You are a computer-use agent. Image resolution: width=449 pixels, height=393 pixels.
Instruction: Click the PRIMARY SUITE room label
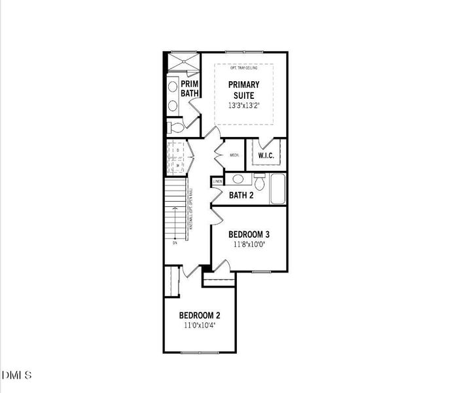244,90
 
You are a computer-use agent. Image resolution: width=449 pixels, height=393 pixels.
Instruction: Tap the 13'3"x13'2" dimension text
244,105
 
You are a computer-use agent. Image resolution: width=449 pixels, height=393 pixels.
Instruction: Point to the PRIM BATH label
190,89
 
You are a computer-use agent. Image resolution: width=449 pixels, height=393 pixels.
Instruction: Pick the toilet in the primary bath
175,126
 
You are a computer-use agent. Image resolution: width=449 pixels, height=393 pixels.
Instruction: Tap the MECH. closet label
234,156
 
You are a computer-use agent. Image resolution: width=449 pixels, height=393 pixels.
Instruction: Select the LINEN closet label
218,181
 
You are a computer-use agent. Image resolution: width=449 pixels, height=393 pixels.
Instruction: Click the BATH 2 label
241,195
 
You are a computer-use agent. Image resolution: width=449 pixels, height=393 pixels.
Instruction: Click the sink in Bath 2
239,178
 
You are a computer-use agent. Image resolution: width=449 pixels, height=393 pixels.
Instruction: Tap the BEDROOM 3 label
249,234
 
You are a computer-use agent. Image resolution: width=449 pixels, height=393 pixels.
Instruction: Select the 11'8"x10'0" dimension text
249,244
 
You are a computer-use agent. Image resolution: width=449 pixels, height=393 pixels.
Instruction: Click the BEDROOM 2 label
200,315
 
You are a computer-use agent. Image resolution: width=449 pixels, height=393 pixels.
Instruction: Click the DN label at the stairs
175,243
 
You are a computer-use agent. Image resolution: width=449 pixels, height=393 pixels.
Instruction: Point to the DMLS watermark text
17,375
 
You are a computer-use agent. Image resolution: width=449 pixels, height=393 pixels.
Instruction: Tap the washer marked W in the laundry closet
177,166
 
